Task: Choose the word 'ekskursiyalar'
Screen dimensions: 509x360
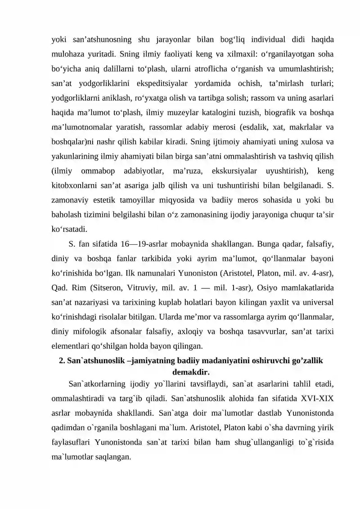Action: click(231, 171)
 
